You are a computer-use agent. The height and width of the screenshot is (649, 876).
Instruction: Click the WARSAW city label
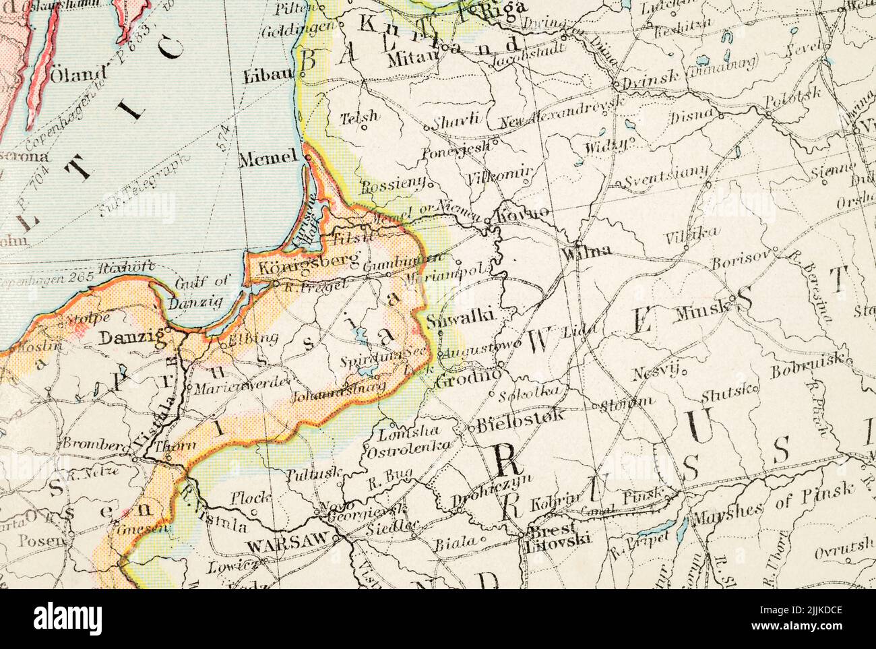point(287,540)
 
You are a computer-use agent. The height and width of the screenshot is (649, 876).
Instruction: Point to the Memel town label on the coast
point(268,159)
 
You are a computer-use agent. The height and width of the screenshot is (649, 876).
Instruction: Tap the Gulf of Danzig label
point(199,292)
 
